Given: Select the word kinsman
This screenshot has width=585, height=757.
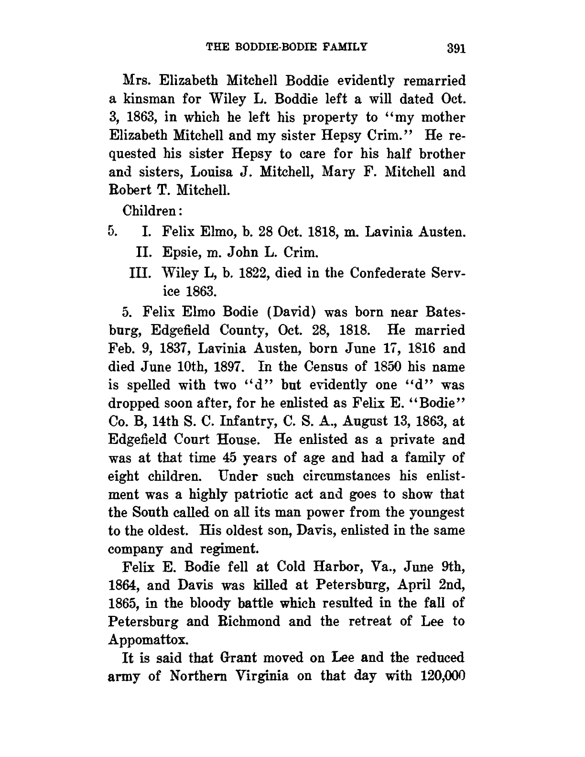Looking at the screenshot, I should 145,99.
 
